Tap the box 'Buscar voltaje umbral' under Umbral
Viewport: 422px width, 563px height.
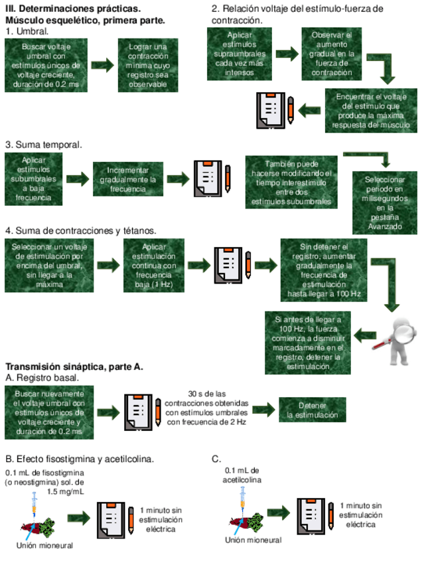45,65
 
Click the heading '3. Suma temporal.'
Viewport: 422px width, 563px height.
44,144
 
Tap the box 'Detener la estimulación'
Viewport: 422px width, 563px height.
312,410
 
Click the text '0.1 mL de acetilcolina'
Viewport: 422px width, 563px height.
242,474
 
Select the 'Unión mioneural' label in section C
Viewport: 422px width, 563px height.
253,540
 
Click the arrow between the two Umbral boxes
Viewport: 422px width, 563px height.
104,65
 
